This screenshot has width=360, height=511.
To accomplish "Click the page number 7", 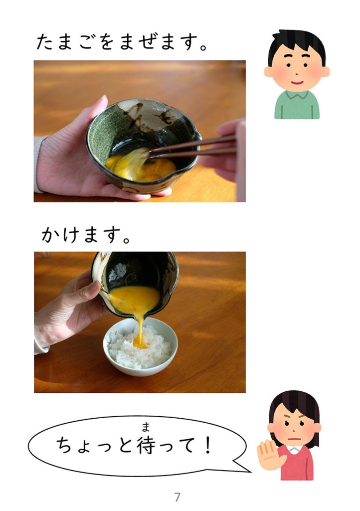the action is tap(177, 497).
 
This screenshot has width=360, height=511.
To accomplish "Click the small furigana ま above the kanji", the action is tap(146, 426).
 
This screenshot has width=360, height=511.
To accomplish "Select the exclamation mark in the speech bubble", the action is tap(207, 446).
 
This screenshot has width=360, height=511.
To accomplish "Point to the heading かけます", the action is tap(86, 235).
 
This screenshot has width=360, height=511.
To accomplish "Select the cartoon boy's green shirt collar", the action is tap(297, 95).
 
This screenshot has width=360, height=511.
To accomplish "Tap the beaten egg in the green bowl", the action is tap(140, 166).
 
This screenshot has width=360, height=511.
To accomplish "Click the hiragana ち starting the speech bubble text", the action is tap(64, 446).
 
